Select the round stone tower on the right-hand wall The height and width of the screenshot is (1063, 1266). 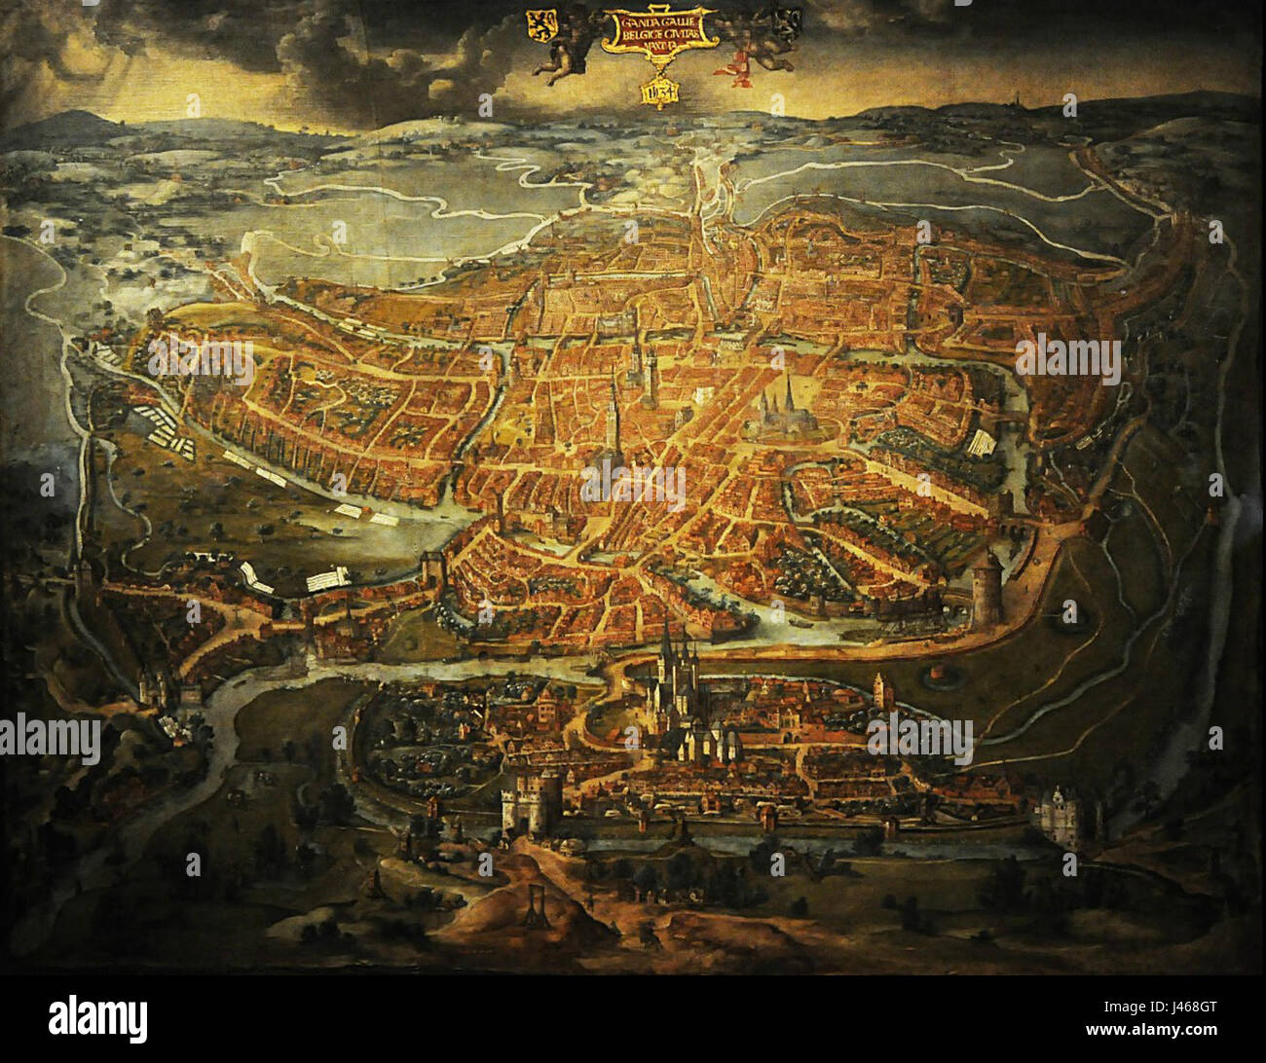click(x=986, y=587)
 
